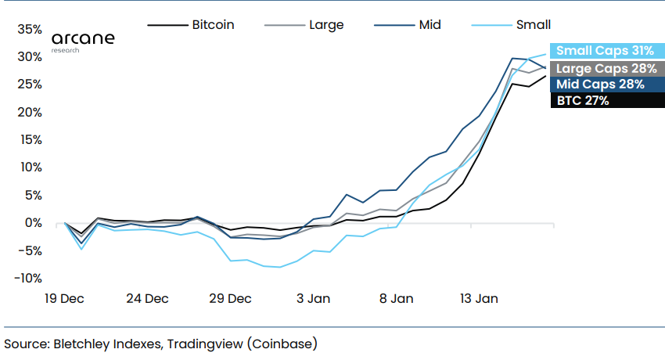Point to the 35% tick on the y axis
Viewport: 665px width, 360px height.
(29, 30)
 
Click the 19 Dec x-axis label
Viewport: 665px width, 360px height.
(64, 298)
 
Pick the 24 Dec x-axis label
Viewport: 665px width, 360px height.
(147, 298)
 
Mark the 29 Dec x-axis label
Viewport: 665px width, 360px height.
(231, 298)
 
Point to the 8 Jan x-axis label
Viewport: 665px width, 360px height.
(397, 298)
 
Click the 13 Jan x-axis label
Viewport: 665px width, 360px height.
(479, 298)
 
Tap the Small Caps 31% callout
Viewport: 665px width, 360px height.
(605, 51)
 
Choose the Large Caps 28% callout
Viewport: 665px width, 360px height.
(605, 68)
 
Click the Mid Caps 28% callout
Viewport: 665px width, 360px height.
(600, 85)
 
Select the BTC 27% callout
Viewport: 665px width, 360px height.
(582, 101)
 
